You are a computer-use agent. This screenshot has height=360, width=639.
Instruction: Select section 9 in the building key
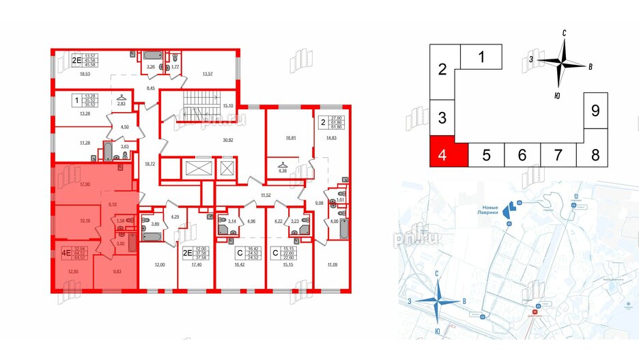coord(595,110)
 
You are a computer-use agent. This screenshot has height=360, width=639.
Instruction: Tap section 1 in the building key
coord(481,57)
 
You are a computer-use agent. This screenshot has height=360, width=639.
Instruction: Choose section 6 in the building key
coord(522,155)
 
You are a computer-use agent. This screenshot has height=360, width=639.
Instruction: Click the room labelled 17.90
coord(85,184)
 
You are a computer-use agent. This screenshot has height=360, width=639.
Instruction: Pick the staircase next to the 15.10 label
coord(198,105)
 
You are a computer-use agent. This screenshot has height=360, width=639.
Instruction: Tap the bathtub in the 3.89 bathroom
coord(151,234)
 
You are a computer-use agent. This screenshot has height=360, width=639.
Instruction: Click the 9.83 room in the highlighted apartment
coord(114,271)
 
